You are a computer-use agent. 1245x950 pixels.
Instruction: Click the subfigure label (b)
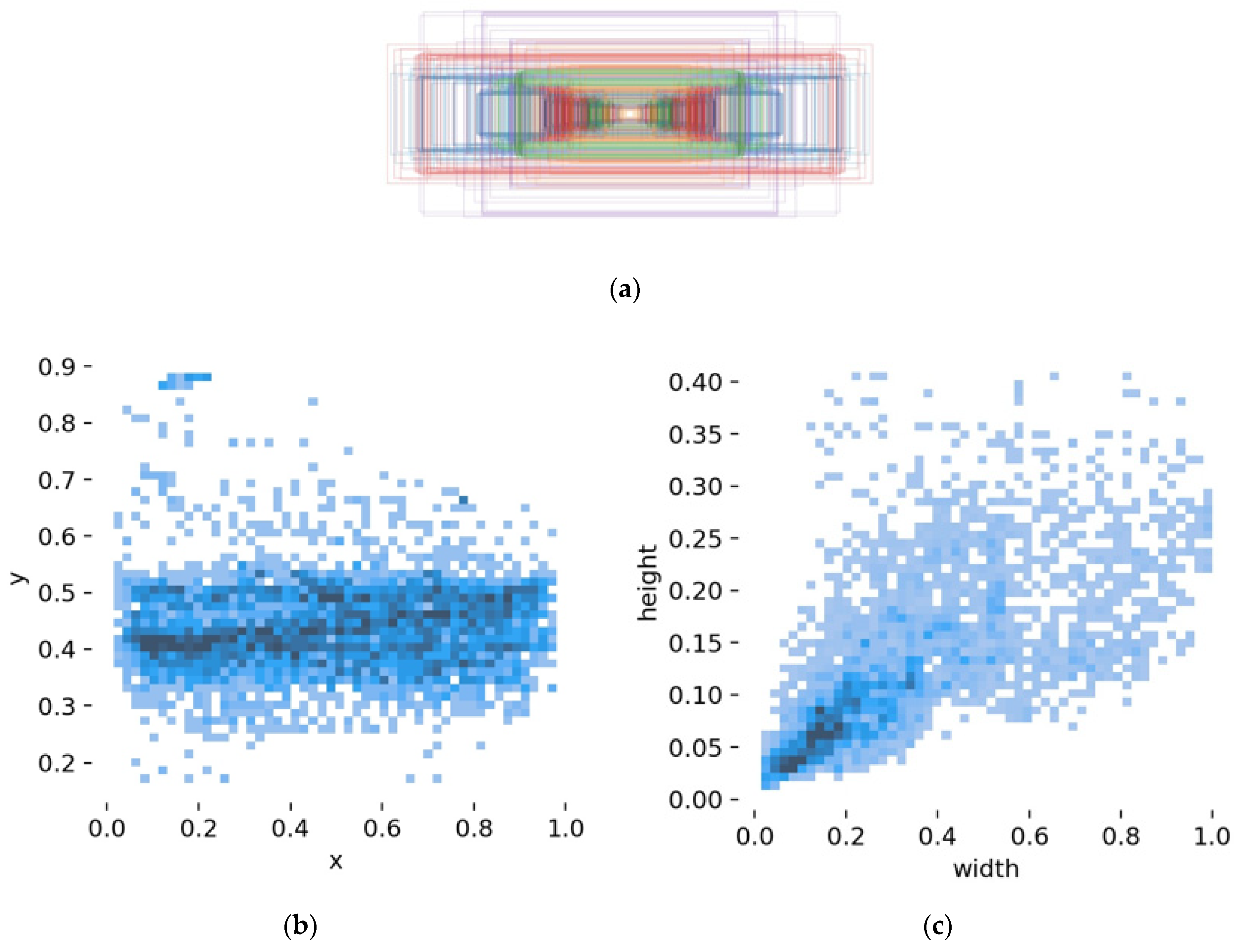(x=300, y=926)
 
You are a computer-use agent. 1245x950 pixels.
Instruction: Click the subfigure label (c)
(x=937, y=926)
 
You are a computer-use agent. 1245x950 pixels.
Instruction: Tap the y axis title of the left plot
(x=18, y=578)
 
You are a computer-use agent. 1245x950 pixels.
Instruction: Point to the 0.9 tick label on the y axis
(x=57, y=367)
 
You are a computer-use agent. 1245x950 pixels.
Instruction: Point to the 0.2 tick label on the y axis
(x=57, y=763)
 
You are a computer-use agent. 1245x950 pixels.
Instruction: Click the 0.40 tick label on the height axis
(x=695, y=382)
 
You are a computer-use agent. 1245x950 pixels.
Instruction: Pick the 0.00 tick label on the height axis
(x=695, y=800)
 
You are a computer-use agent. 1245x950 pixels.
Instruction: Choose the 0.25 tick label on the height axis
(x=695, y=539)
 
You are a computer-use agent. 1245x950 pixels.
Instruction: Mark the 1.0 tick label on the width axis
(x=1212, y=836)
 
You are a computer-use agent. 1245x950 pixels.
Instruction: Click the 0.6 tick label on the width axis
(x=1029, y=836)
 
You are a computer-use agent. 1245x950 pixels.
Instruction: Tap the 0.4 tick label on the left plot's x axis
(x=290, y=829)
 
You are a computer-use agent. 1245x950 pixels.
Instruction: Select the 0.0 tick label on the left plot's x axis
(x=107, y=829)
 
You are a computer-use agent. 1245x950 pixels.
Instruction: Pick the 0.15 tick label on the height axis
(x=695, y=643)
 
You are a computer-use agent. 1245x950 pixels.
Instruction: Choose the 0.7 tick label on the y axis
(x=57, y=480)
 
